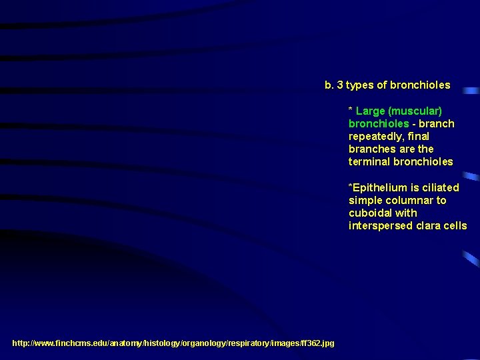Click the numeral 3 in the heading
click(x=340, y=85)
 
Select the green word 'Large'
click(x=370, y=111)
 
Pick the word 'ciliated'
click(x=440, y=187)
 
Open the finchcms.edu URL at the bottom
click(x=173, y=343)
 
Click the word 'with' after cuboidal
click(x=406, y=213)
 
